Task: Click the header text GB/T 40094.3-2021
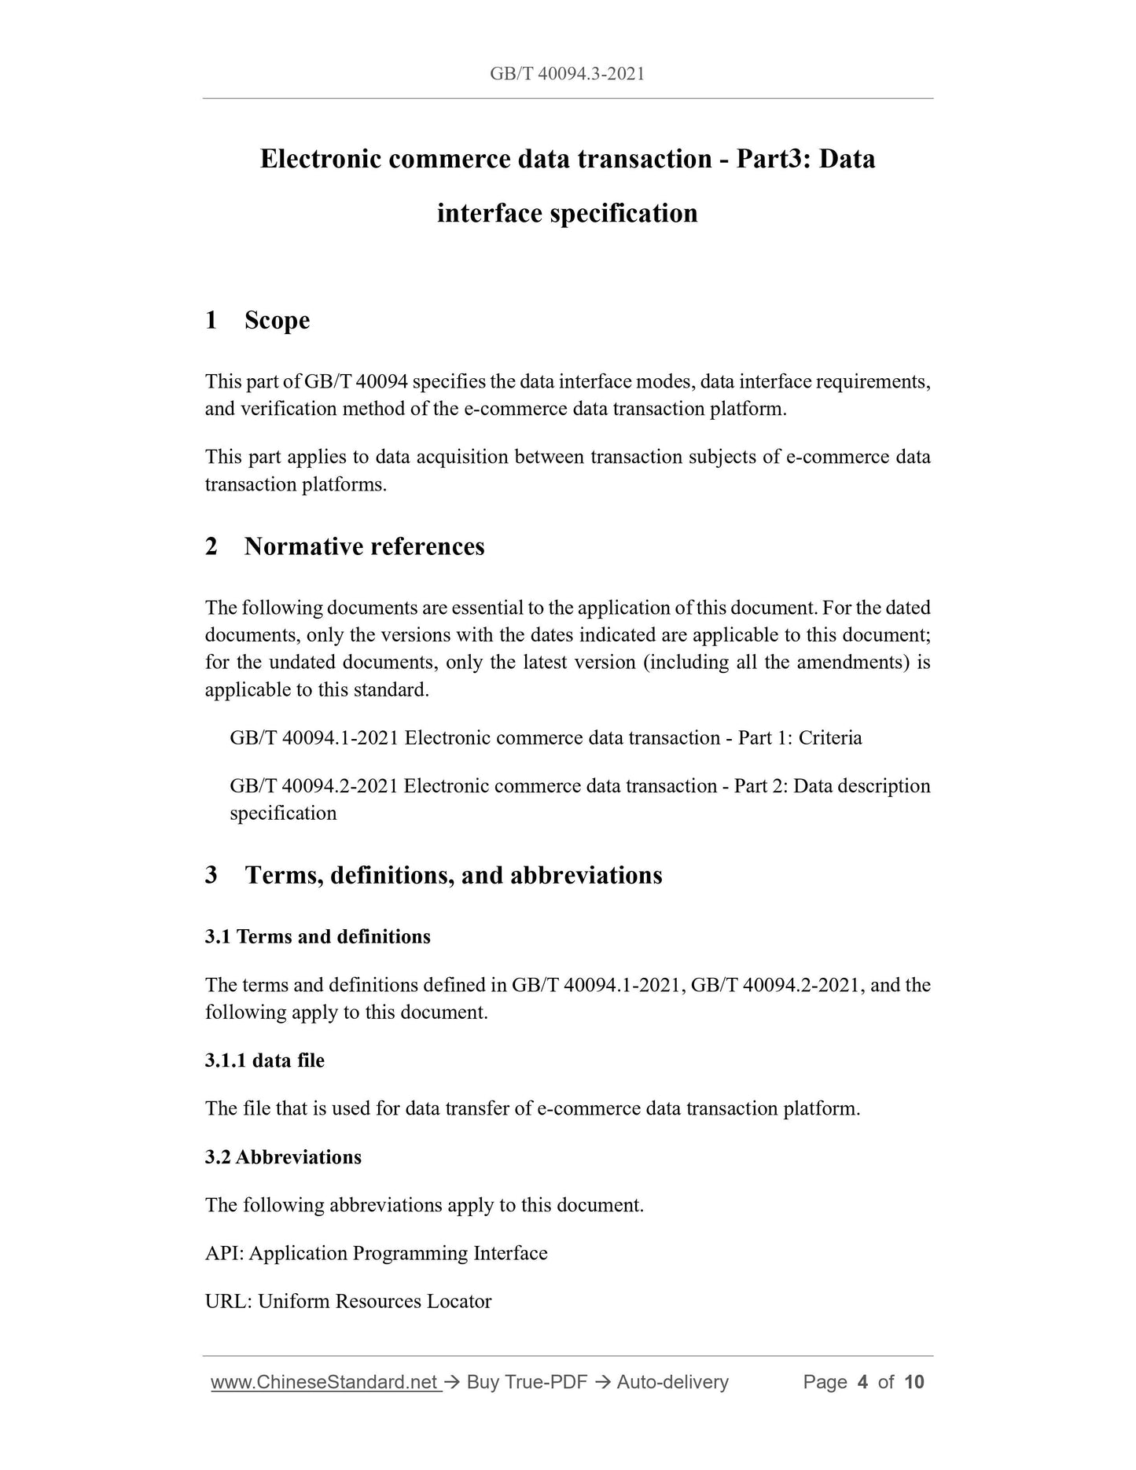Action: (x=567, y=74)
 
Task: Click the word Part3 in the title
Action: (x=771, y=159)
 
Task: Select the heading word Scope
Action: (x=277, y=320)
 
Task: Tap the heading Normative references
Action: (x=364, y=546)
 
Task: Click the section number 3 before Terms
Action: (x=211, y=875)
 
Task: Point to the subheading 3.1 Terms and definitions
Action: (x=318, y=936)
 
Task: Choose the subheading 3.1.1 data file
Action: (x=264, y=1060)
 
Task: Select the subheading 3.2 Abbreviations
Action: (x=283, y=1157)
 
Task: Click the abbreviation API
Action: (x=223, y=1253)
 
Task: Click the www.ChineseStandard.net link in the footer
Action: (x=325, y=1382)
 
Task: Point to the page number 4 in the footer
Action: (x=862, y=1382)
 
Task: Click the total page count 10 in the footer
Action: (x=914, y=1382)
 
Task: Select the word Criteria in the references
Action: (x=830, y=737)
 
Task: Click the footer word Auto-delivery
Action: (x=672, y=1382)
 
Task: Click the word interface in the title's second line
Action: (x=489, y=213)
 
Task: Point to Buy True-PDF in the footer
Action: (x=527, y=1382)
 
